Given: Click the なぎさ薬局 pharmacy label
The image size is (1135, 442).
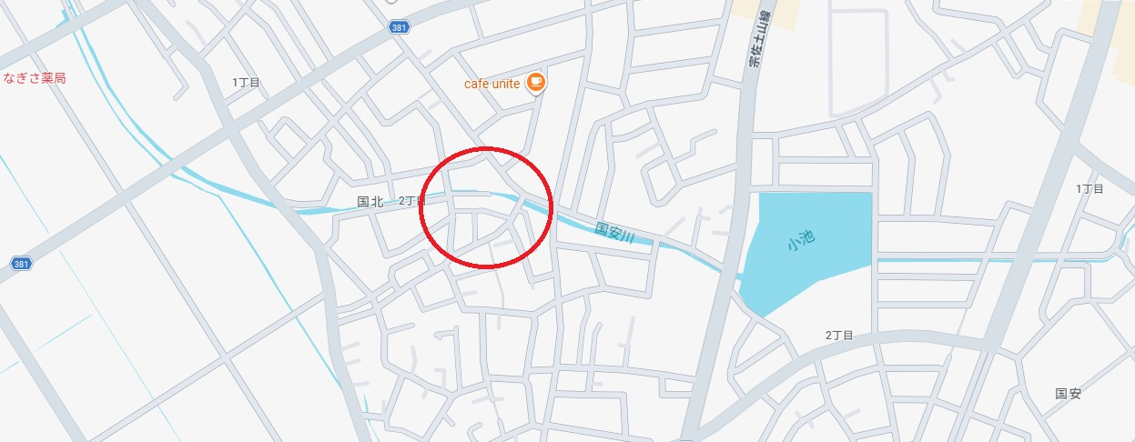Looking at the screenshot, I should coord(35,78).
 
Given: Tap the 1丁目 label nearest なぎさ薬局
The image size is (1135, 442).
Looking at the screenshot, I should coord(246,83).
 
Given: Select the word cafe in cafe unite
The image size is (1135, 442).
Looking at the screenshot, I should coord(475,84).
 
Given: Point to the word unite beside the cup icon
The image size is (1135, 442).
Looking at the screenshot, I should coord(506,84).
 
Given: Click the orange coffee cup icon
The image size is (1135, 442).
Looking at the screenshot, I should coord(535,83).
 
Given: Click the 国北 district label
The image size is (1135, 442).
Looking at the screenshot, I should coord(370,201).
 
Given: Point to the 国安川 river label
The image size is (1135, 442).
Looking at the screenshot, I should coord(614,233).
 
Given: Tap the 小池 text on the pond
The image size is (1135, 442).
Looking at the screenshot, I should coord(801,241).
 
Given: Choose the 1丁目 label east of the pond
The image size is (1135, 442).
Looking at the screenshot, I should coord(1089,189).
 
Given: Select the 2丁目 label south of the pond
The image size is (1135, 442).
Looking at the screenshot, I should coord(838,336).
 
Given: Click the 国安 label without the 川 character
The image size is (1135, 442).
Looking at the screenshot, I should coord(1068,394).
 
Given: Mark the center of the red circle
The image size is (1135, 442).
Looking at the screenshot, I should coord(487,206).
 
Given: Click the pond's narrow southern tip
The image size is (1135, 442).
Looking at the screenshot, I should coord(763,310).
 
